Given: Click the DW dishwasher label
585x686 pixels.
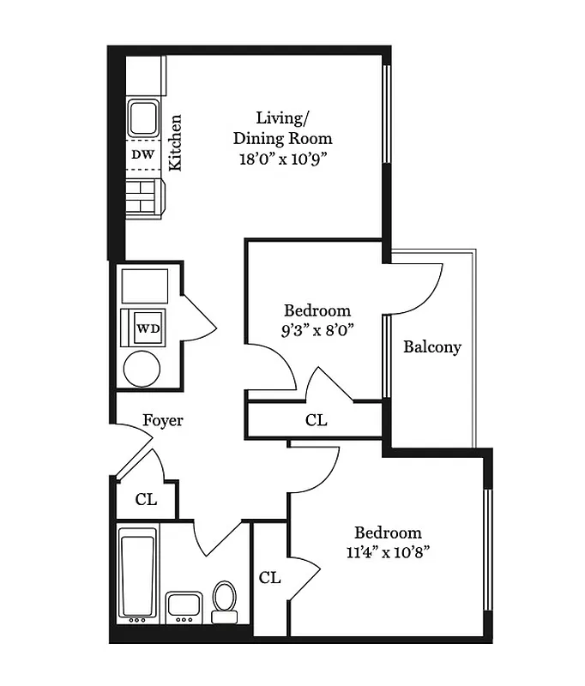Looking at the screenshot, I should pos(143,155).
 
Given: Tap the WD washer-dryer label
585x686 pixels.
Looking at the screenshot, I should pos(148,328).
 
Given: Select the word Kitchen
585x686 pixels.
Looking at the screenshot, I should pos(175,143).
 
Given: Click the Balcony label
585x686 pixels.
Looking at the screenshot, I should pos(432,347).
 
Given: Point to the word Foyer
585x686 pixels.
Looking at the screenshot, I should pos(163,421).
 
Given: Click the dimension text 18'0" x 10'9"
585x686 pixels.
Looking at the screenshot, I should pos(283,159).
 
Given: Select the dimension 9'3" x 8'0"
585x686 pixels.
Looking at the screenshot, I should pos(317,328).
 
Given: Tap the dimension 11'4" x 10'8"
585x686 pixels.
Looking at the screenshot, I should pos(389,551).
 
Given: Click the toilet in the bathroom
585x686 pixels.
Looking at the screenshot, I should pos(225,600).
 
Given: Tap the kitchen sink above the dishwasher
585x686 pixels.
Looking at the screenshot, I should pos(143,118).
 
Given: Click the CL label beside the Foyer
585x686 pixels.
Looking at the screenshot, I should pos(147,500).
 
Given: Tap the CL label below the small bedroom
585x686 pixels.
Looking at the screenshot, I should pos(317,420).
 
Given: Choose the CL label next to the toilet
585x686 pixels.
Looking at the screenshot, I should pos(270,577).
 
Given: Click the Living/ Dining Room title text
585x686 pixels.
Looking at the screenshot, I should pos(282,127).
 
